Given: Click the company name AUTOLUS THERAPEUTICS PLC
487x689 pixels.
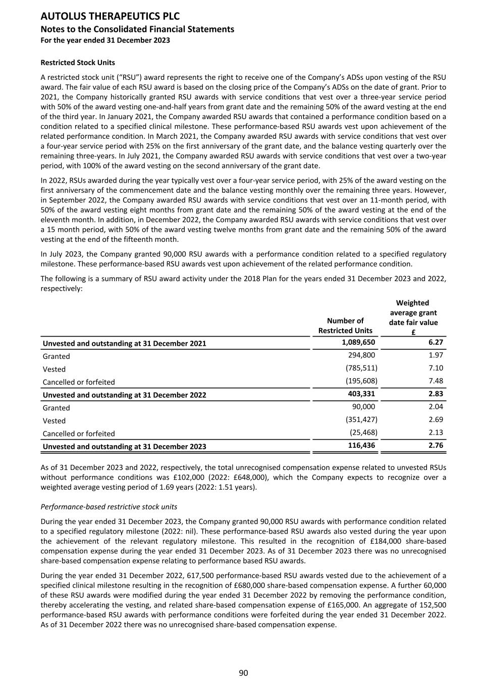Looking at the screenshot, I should (x=110, y=17).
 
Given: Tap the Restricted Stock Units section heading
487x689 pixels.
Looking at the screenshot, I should (x=78, y=63).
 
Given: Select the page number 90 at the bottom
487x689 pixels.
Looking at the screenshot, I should (x=243, y=673).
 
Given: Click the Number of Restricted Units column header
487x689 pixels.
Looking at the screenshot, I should (x=345, y=326).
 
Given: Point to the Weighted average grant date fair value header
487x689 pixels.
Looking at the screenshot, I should (x=413, y=317).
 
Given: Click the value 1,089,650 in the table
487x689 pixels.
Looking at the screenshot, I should (x=358, y=342).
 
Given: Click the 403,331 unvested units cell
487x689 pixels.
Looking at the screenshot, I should (x=361, y=394).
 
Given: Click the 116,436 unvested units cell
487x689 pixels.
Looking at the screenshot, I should (x=361, y=445).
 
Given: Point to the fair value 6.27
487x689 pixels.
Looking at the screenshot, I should (x=436, y=342).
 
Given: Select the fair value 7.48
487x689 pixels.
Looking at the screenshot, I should (x=436, y=381).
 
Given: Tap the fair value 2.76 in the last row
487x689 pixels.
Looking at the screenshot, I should (x=436, y=445).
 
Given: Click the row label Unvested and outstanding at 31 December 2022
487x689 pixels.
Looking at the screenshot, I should (x=124, y=395).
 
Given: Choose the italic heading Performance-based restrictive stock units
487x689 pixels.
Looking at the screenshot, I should (x=109, y=506).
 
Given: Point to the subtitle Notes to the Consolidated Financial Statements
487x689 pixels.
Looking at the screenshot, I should (x=137, y=29).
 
